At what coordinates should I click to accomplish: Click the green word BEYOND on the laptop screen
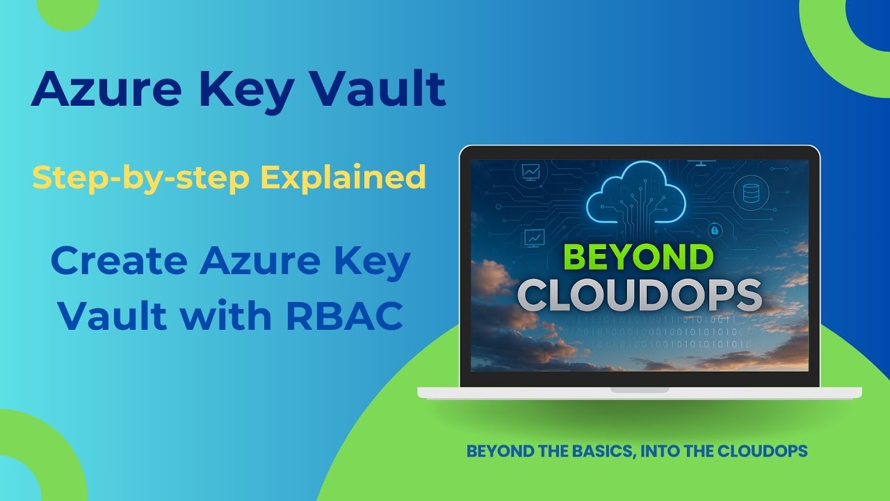638,257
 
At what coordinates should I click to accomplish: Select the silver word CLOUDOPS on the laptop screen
640,294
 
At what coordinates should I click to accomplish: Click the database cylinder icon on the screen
751,193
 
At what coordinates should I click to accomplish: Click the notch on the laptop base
640,390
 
